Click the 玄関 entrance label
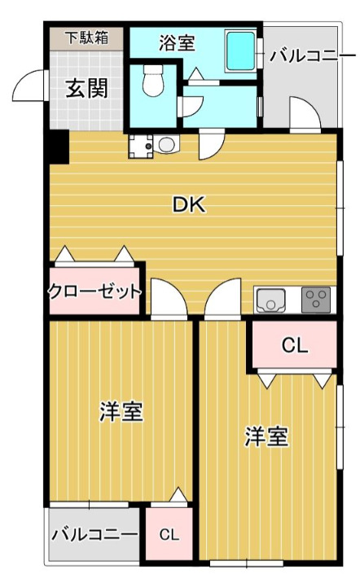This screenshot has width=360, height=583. coord(86,88)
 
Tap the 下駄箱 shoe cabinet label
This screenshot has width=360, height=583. coord(87,37)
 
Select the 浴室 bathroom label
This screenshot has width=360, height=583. coord(177,42)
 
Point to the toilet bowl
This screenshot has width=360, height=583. coord(154,82)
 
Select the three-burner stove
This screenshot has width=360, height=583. coord(316,300)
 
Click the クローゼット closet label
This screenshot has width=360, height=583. coord(95,292)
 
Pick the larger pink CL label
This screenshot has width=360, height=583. coord(294,345)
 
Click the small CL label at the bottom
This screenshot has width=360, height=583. coord(169,535)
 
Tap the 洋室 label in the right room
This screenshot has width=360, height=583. coord(267,436)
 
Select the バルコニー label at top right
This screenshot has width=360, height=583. coord(312,56)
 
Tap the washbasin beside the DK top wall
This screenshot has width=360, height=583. coord(167,145)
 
